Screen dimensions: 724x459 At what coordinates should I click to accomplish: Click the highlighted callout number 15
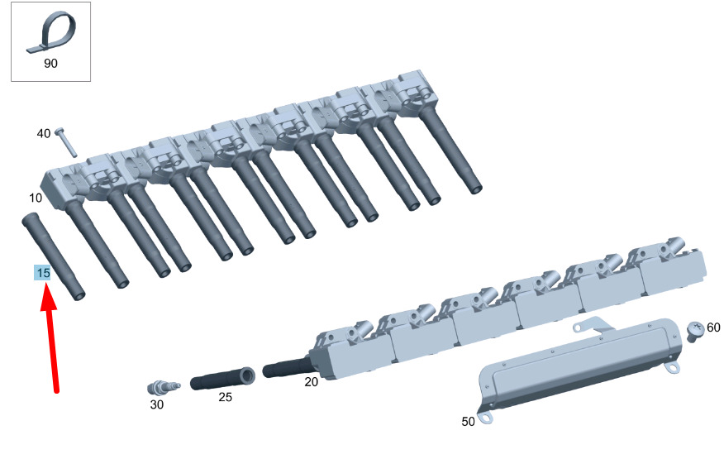click(42, 273)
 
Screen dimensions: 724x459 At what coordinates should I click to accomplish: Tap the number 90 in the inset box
click(50, 64)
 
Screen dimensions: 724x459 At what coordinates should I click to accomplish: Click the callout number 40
click(44, 134)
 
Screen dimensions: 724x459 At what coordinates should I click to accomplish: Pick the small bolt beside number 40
click(66, 141)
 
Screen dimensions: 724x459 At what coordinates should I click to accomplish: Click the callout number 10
click(36, 198)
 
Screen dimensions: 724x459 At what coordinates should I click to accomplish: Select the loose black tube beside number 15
click(54, 256)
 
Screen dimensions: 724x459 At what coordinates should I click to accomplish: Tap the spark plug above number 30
click(163, 387)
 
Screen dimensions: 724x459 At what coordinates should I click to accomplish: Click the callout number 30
click(156, 404)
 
